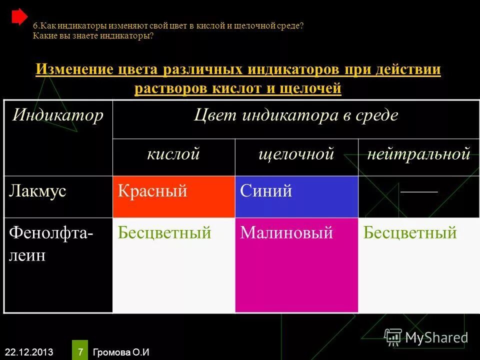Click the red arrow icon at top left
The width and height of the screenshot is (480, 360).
19,17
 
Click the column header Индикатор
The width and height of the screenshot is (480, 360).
58,116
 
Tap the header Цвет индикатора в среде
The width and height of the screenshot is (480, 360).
296,116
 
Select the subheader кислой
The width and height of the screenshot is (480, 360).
173,154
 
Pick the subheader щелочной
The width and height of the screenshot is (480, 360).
296,154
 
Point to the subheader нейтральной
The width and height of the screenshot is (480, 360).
419,154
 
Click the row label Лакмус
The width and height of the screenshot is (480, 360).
37,191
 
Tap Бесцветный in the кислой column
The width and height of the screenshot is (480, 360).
164,233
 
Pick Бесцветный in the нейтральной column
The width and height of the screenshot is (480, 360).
410,233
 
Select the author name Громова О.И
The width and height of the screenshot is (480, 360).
121,351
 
